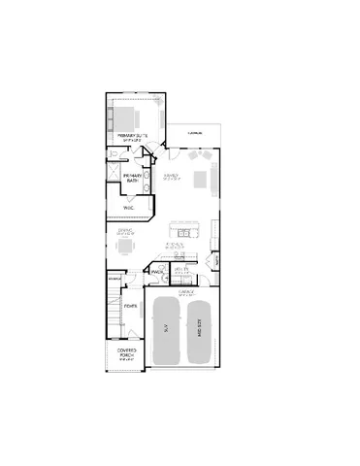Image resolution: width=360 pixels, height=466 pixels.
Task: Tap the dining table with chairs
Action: pos(123,247)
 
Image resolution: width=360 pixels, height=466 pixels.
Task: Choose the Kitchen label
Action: pos(177,247)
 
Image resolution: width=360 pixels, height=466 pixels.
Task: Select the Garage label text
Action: pos(186,290)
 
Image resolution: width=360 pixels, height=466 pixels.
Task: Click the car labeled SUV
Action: pos(166,331)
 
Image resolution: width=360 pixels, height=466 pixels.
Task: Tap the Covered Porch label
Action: pos(126,352)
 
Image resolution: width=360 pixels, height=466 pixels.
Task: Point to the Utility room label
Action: pos(181,269)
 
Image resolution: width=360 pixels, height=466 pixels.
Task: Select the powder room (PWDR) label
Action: pos(156,273)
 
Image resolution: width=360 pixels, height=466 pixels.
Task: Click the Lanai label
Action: pos(195,133)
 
